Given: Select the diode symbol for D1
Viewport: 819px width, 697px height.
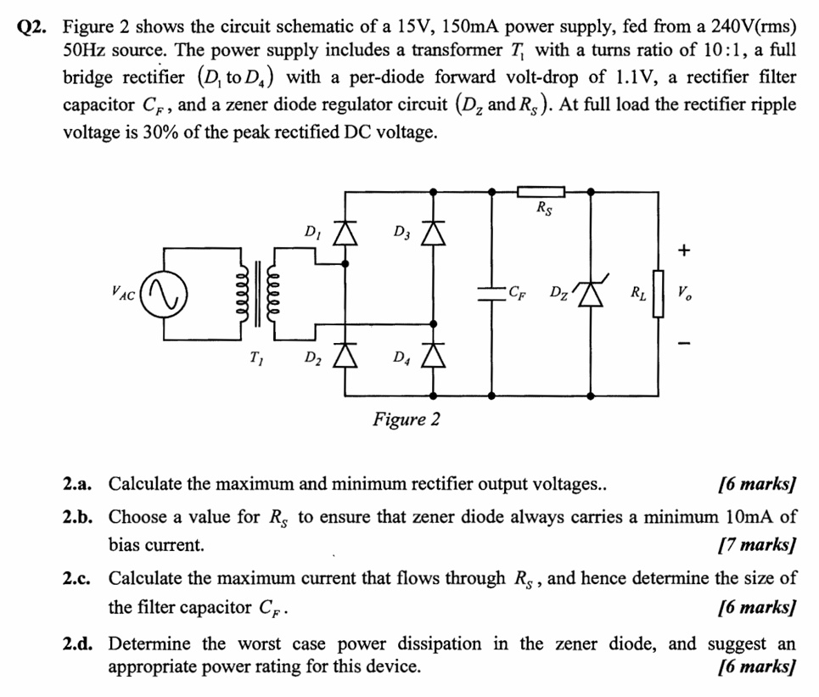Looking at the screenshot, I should tap(345, 233).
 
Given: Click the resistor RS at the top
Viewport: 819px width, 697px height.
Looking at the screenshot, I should tap(541, 193).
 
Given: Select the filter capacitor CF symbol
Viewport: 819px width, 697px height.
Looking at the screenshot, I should tap(493, 294).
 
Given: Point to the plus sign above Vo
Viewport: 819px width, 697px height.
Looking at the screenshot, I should tap(685, 250).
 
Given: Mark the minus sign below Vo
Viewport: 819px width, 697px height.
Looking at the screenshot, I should tap(685, 344).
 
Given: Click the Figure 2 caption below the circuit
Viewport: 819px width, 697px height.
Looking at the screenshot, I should tap(406, 419).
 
